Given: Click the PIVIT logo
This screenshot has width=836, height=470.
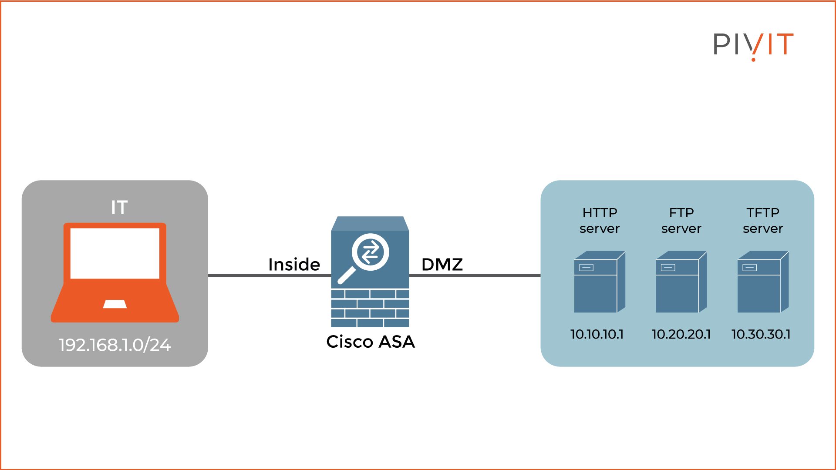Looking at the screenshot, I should [x=753, y=45].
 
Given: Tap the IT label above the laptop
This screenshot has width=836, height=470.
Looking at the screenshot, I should [x=119, y=208].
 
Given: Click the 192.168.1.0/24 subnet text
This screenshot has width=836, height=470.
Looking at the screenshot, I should [x=115, y=345].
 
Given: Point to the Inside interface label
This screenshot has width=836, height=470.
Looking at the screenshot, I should [x=294, y=265].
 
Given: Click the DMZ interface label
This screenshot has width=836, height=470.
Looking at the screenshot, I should [x=442, y=265].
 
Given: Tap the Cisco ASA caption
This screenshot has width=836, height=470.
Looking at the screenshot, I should [x=371, y=342].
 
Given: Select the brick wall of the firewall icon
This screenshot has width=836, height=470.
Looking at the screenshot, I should [x=370, y=308].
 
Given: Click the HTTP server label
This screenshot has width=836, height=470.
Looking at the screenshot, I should [x=600, y=221].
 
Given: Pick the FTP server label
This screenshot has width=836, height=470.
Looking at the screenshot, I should [x=681, y=221].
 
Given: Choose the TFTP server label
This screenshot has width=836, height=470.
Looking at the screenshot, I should [x=763, y=221].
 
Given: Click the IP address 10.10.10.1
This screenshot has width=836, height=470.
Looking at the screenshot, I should [x=597, y=334].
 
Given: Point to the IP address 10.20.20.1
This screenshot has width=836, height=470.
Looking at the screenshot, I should [x=681, y=334].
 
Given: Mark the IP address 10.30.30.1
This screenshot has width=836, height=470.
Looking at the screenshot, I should [x=761, y=334].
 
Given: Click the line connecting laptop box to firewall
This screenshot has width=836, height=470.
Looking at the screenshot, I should [x=244, y=275].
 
